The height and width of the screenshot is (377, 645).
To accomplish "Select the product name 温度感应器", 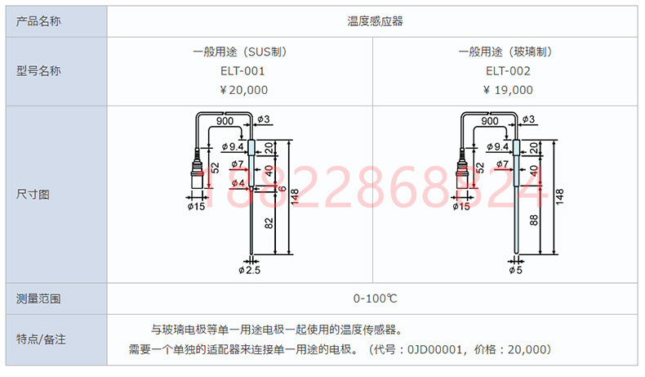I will (375, 20).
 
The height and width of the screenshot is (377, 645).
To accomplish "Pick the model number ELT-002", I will (509, 70).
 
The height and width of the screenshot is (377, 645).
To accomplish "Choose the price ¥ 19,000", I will (509, 90).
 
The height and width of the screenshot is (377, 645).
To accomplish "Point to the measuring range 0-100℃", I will (375, 298).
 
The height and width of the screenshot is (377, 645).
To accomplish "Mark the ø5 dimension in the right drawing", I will (515, 270).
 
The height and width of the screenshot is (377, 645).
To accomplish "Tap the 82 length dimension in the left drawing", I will (269, 223).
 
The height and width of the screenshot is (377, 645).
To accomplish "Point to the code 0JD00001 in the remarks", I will (428, 349).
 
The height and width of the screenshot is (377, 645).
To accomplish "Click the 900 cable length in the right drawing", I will (490, 121).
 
